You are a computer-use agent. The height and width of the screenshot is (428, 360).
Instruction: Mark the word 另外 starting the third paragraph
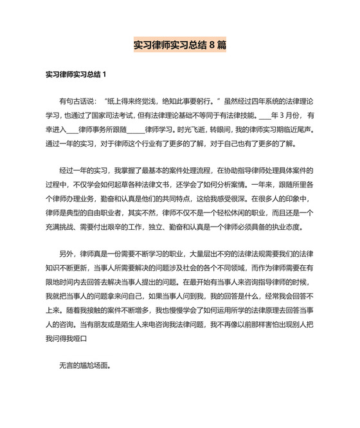click(x=67, y=254)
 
